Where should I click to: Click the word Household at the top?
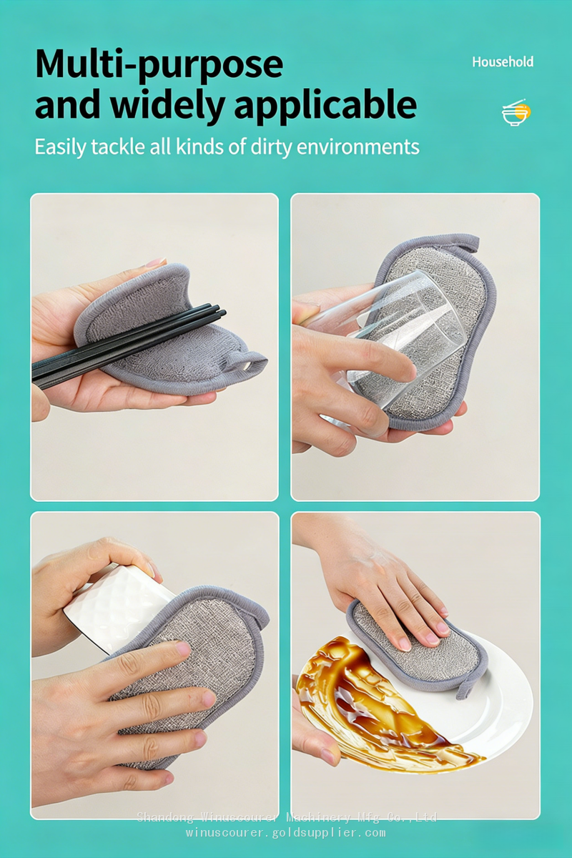pos(503,61)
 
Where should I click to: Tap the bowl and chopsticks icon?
pos(516,112)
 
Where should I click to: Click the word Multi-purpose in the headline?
pos(159,65)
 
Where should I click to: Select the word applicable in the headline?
pos(325,105)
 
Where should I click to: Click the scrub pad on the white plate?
pos(416,647)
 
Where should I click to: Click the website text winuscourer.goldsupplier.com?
pos(286,832)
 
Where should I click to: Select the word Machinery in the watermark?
pos(318,818)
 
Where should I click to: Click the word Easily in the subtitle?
pos(61,147)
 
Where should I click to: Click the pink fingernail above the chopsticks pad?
pos(156,262)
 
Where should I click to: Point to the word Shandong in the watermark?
pos(165,818)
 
